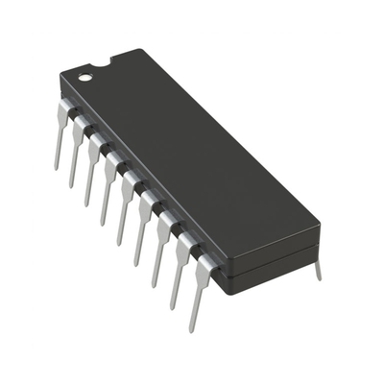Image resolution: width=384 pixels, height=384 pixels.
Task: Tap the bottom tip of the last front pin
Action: [190, 329]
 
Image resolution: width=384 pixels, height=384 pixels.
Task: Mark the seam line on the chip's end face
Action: [274, 255]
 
